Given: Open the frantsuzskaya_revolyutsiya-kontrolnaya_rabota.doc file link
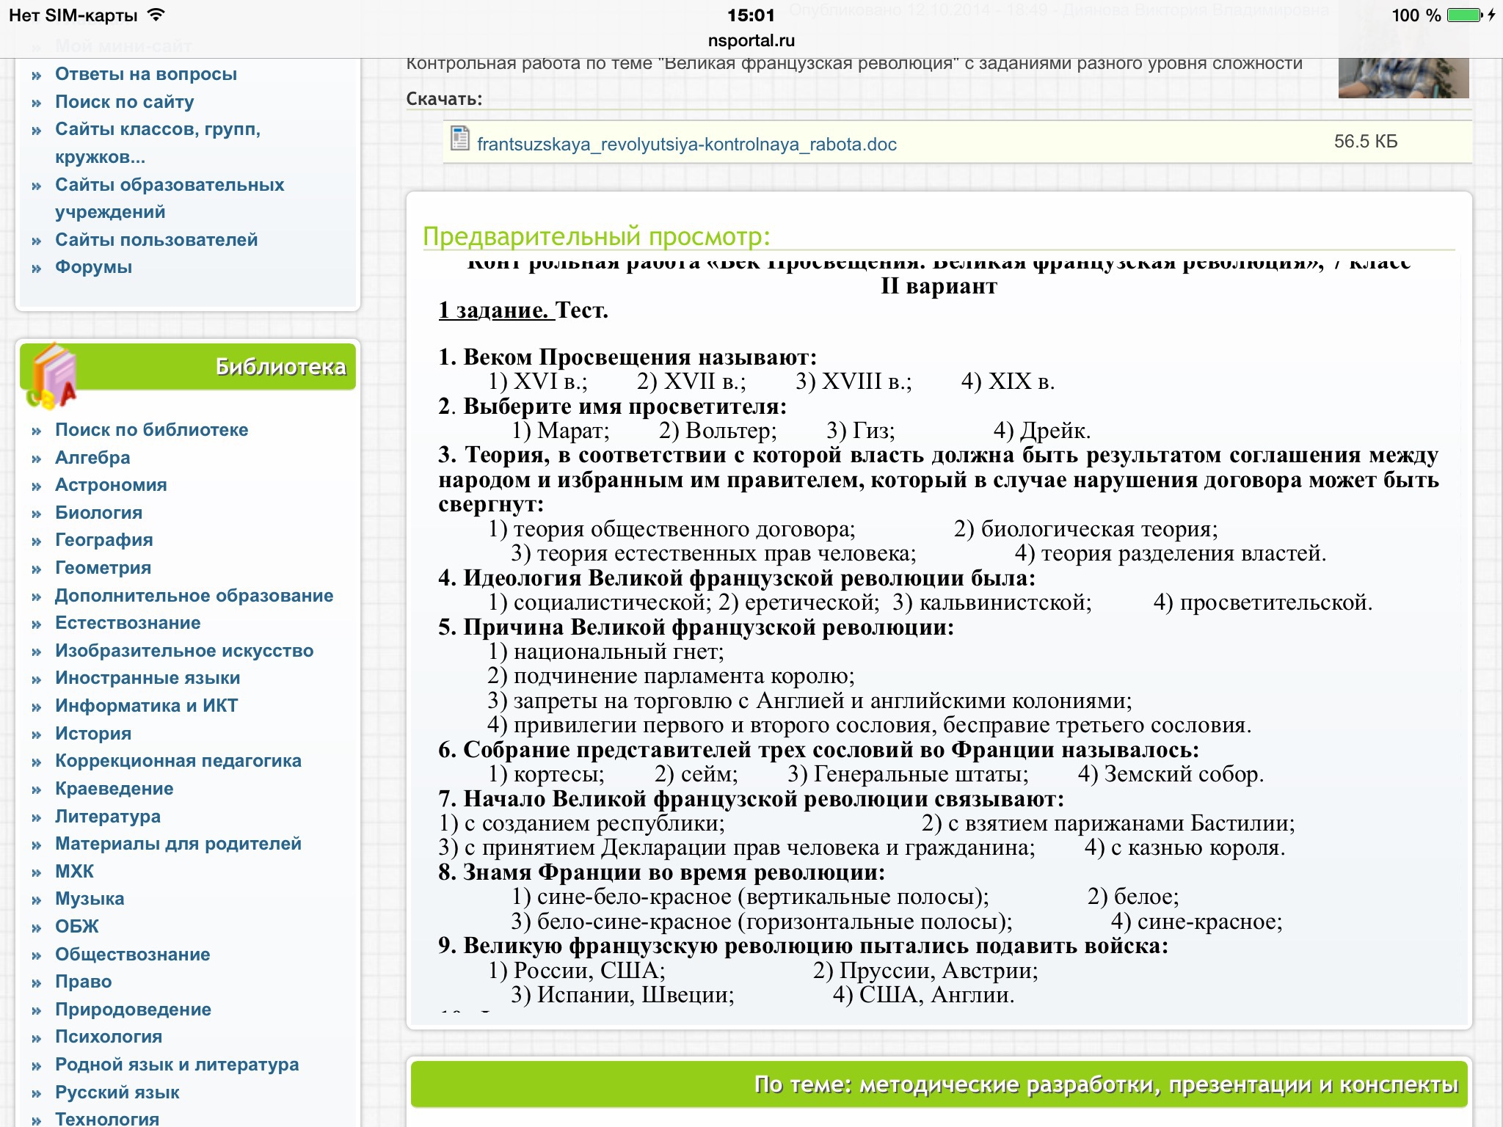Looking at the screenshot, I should tap(686, 144).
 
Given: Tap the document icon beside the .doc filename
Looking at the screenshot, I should tap(460, 138).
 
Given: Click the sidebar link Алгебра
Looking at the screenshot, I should tap(92, 457).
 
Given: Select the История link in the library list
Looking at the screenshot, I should tap(93, 733).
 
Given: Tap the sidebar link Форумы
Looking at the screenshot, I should tap(93, 267).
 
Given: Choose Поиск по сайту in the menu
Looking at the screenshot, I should tap(124, 102).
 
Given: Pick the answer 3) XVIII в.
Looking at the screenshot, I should tap(854, 382).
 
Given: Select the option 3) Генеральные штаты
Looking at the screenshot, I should tap(907, 774).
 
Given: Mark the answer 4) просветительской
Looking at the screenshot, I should tap(1262, 602).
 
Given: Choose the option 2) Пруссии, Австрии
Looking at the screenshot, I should tap(925, 971).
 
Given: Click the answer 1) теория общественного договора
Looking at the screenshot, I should tap(672, 529).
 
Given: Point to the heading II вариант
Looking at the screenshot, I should tap(939, 286).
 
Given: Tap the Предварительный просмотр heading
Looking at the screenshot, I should tap(596, 236).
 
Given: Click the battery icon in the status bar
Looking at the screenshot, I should tap(1464, 15).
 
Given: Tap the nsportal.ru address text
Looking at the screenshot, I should tap(751, 40).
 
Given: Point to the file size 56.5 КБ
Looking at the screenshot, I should tap(1365, 141).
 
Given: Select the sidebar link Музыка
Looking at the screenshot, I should tap(90, 899).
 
